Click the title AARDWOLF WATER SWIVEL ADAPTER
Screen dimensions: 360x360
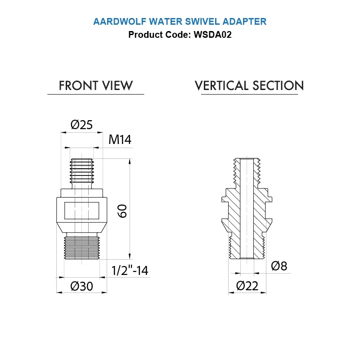pos(180,21)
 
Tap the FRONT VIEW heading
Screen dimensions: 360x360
pos(96,85)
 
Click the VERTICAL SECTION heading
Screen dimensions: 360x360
pos(249,85)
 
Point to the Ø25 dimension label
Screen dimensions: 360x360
pos(82,125)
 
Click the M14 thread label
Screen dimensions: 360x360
pos(120,140)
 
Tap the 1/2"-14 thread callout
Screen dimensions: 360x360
pos(130,270)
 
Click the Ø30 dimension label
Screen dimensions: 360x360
pos(82,286)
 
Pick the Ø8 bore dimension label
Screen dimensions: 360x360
pos(279,266)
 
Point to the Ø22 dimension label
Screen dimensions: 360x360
pos(247,286)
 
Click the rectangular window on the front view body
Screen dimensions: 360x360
pos(81,210)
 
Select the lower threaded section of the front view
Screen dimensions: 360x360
pos(81,247)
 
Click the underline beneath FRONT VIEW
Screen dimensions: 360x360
pos(96,94)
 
